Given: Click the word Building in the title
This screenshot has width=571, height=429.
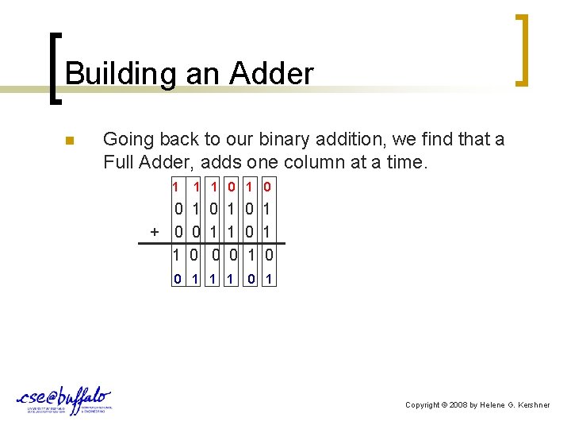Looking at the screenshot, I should click(121, 74).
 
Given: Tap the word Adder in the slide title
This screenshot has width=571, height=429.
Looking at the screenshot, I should click(271, 74).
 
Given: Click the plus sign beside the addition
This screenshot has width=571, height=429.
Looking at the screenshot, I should click(155, 231).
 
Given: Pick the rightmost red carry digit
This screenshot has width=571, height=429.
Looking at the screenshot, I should click(268, 187).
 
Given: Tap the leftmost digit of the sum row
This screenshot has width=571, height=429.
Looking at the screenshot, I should click(177, 255).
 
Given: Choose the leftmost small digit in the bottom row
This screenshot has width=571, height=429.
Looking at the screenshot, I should click(177, 279).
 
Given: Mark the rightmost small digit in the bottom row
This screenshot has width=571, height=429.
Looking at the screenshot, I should click(270, 279).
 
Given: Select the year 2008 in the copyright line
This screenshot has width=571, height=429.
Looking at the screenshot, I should click(460, 405).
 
